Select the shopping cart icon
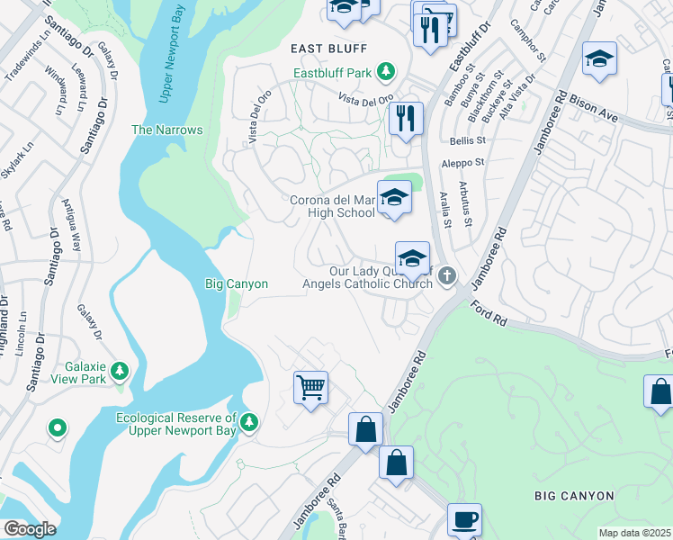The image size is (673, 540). tap(310, 388)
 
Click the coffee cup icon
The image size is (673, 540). tap(464, 520)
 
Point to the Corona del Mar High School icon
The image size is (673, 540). tap(393, 197)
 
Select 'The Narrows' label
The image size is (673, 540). tap(166, 130)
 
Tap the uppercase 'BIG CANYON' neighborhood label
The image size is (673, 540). tap(574, 496)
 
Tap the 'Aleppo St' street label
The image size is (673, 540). tap(462, 163)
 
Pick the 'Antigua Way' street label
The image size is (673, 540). tap(76, 226)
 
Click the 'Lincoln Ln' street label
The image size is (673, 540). tap(22, 335)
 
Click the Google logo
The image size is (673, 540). tap(30, 528)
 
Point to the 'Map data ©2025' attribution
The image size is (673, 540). tap(635, 533)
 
